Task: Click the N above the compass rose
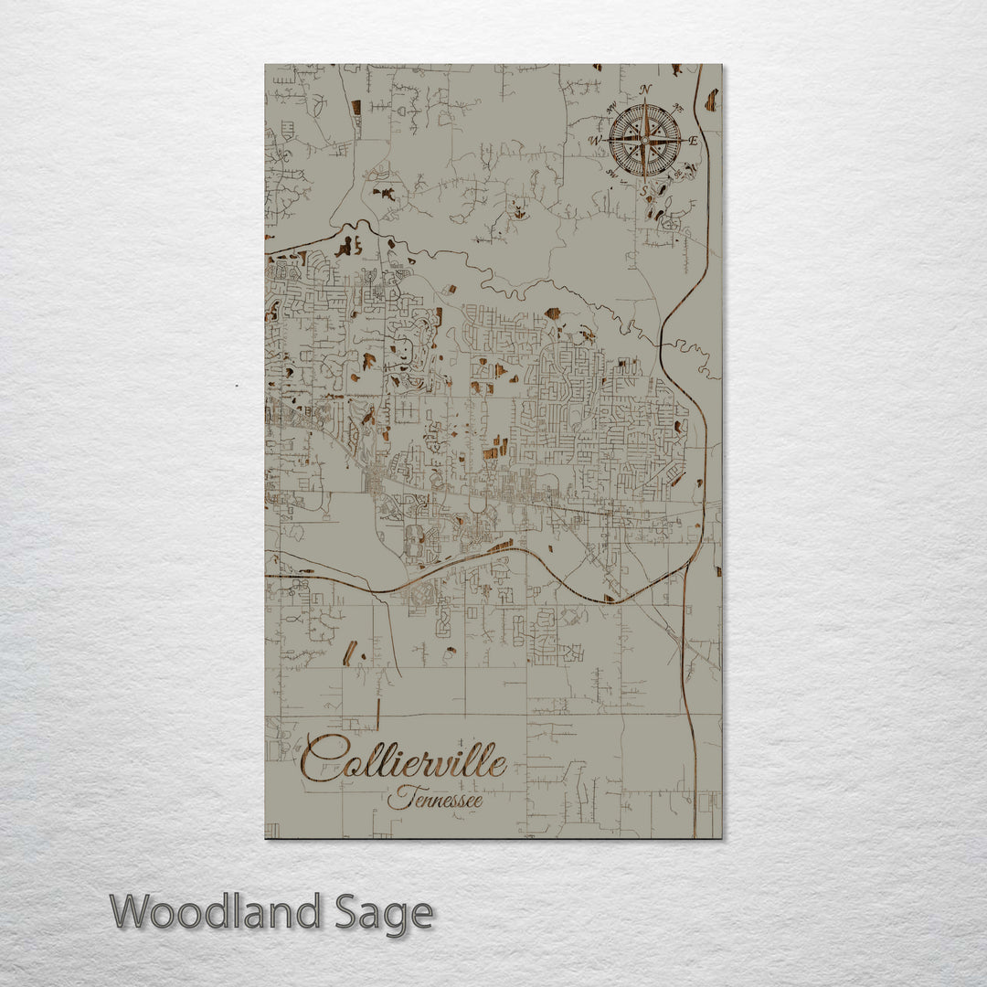(646, 90)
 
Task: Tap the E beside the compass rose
(693, 141)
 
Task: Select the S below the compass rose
(645, 190)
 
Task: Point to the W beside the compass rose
(596, 141)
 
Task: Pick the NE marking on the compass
(680, 107)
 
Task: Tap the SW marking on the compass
(610, 174)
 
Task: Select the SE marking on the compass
(680, 174)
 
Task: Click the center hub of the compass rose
(645, 140)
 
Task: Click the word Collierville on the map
(404, 760)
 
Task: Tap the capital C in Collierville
(319, 760)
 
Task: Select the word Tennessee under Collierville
(435, 799)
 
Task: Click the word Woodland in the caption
(216, 912)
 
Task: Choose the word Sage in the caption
(384, 912)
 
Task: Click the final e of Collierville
(498, 764)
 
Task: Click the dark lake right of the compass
(710, 101)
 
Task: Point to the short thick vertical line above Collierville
(377, 714)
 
